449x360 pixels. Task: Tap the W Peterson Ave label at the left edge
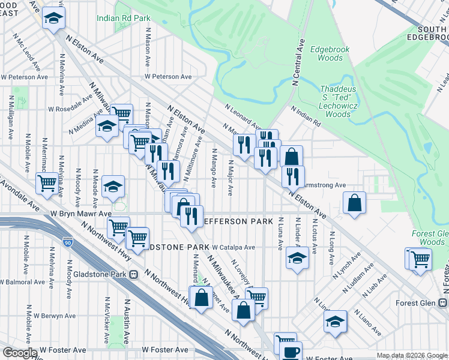pos(24,77)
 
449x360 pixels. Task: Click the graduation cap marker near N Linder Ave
pos(297,259)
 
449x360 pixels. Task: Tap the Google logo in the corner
pos(20,353)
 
